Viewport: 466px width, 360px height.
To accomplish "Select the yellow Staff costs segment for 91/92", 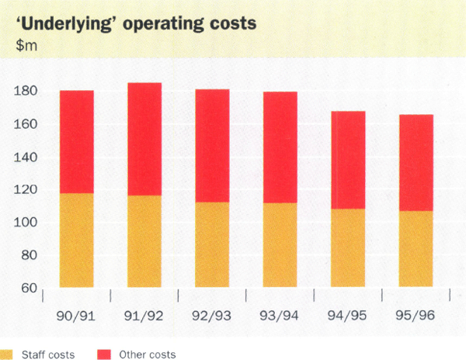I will point(144,241).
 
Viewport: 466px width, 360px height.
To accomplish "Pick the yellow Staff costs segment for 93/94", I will point(280,245).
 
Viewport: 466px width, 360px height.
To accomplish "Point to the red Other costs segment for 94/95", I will point(348,160).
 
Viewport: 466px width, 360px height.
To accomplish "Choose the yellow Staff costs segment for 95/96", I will point(416,249).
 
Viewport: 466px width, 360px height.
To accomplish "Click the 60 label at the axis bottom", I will point(28,289).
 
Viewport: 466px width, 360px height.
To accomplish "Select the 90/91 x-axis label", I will point(76,315).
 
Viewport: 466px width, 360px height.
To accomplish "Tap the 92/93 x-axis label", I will point(212,315).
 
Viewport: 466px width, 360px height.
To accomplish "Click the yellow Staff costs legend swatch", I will point(5,355).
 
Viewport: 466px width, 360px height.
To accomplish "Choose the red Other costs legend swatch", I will point(103,355).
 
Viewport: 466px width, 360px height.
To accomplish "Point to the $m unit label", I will point(26,43).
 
